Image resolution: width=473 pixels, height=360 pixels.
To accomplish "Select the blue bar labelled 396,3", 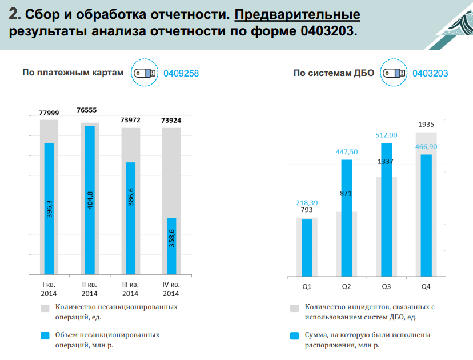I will [49, 209].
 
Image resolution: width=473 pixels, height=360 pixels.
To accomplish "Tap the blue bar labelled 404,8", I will [90, 200].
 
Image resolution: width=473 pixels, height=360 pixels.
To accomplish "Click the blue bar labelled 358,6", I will [171, 246].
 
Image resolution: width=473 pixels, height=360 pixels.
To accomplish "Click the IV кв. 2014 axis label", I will [171, 289].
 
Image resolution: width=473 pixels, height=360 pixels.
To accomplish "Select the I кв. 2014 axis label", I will [49, 289].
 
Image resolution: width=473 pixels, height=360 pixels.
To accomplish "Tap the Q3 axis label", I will [386, 286].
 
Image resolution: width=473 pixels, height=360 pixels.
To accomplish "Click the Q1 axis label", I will [307, 286].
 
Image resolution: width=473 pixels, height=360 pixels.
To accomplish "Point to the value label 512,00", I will [386, 135].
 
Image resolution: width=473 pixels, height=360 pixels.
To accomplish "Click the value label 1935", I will [426, 124].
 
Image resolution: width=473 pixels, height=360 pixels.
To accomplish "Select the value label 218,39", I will [307, 203].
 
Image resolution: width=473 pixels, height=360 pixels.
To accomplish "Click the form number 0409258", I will [181, 73].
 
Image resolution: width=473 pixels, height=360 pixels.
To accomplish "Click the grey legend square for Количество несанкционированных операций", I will [45, 309].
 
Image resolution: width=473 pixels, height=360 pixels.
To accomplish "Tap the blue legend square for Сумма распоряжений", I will [295, 337].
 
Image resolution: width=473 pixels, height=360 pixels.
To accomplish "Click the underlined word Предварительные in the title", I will [297, 15].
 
